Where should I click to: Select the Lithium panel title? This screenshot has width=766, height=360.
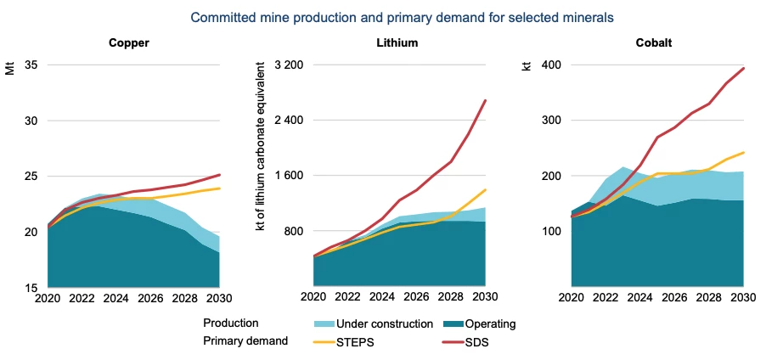(397, 43)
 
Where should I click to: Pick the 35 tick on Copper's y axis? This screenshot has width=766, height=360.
(32, 65)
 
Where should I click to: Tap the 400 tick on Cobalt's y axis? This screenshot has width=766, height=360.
(554, 65)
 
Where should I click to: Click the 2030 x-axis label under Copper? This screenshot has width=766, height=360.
(220, 299)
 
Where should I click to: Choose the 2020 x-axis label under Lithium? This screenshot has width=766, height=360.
(314, 299)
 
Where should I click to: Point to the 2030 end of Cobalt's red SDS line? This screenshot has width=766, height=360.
(744, 68)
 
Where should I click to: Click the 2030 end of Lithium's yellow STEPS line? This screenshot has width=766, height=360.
(485, 190)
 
